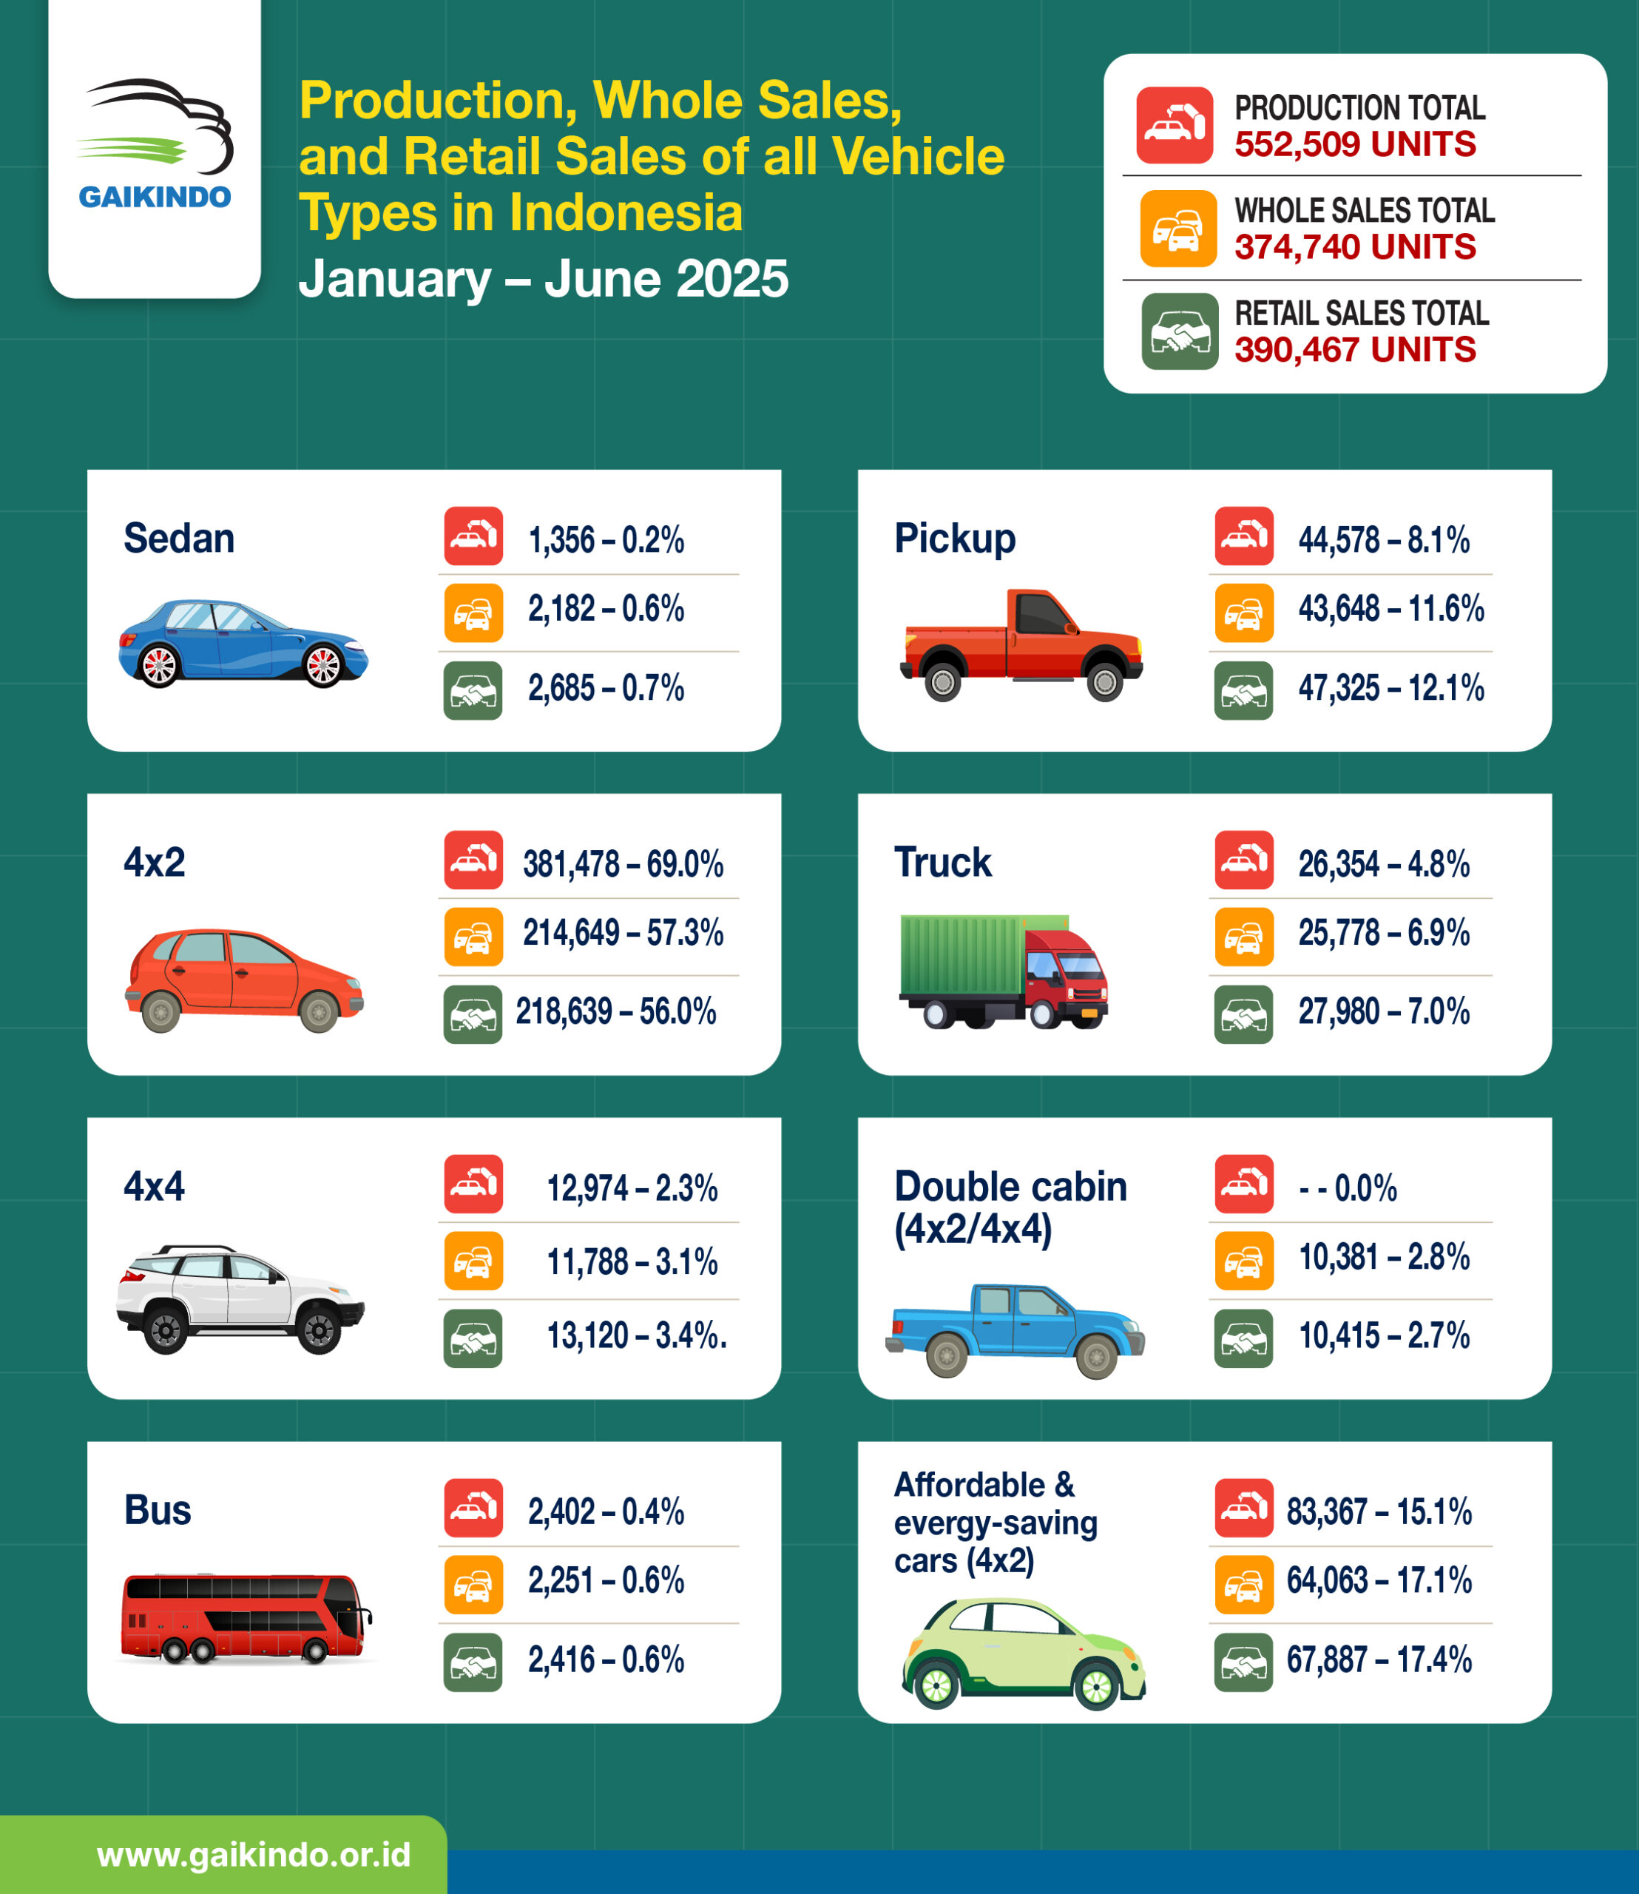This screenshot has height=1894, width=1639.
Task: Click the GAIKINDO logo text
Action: [x=155, y=197]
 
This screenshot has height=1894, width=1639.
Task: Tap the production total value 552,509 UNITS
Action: [x=1354, y=144]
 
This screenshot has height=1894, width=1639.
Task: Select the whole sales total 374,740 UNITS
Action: [x=1354, y=247]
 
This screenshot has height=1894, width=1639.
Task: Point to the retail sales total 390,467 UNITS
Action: [x=1354, y=349]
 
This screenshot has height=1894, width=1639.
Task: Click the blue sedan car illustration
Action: [x=243, y=642]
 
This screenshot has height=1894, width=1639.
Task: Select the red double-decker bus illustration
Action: [x=245, y=1618]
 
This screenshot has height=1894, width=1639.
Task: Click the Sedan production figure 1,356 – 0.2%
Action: [x=606, y=540]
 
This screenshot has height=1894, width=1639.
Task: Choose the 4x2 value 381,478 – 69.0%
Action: [x=623, y=863]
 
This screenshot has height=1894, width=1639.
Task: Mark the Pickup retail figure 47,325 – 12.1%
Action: [x=1390, y=688]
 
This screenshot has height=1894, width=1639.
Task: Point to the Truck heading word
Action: [x=942, y=862]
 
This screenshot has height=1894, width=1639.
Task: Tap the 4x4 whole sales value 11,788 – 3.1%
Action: [x=632, y=1263]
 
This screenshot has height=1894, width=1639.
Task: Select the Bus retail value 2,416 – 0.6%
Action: [x=606, y=1659]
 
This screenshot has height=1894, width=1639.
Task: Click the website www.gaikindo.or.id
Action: [x=254, y=1856]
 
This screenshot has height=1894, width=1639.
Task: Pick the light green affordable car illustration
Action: [x=1023, y=1653]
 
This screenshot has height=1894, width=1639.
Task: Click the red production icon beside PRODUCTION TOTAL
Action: [x=1175, y=125]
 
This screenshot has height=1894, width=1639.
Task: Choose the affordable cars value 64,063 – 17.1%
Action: [x=1379, y=1580]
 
